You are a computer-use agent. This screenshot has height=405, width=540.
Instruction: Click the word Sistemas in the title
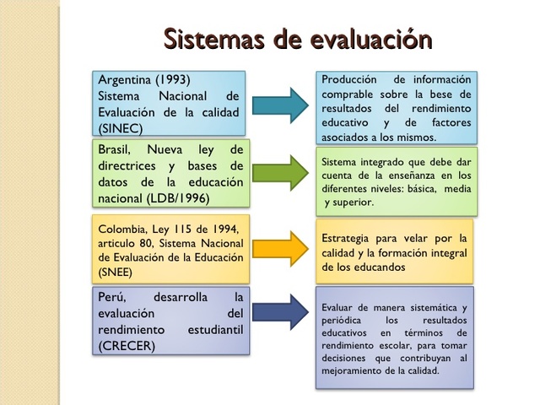[209, 38]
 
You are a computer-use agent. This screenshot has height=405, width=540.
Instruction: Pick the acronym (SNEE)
[116, 273]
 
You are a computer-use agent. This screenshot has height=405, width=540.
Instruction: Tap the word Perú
[115, 297]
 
